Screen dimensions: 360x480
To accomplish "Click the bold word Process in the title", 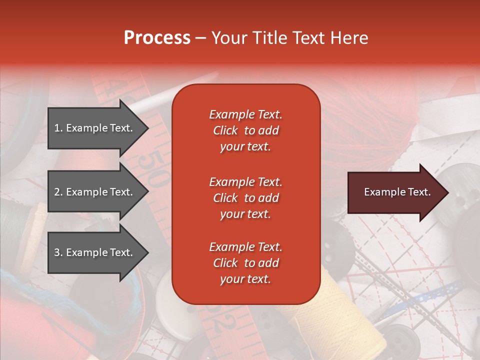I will pyautogui.click(x=157, y=37).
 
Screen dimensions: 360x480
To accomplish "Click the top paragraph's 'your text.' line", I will pyautogui.click(x=245, y=146).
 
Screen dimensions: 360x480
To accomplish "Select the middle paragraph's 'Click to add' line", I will pyautogui.click(x=245, y=198).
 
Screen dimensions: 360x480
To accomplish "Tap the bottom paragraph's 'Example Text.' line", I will pyautogui.click(x=245, y=247).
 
